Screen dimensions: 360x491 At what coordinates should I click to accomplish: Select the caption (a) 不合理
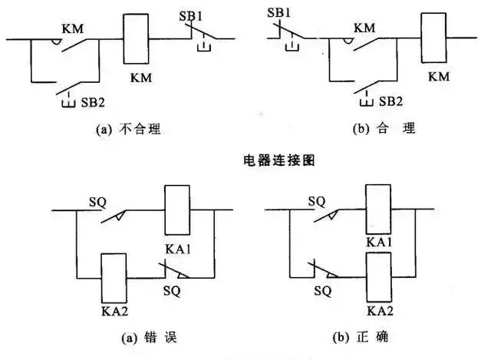click(x=127, y=130)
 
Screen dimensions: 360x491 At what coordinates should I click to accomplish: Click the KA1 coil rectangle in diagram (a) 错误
click(x=178, y=210)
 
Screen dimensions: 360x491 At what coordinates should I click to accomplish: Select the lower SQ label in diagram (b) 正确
click(x=323, y=290)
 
